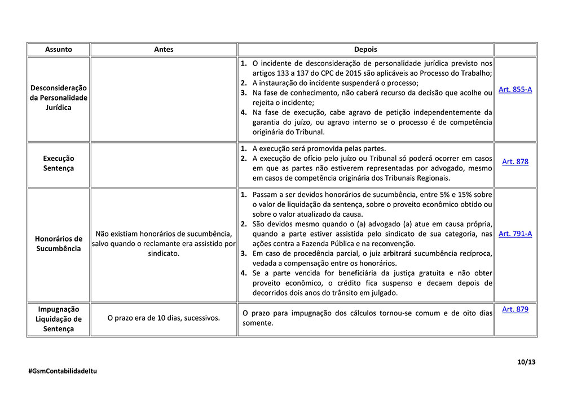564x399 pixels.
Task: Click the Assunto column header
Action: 59,50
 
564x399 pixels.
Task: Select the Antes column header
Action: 164,50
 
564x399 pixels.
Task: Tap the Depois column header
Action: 365,50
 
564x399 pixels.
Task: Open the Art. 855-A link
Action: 515,89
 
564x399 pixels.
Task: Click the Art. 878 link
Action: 515,161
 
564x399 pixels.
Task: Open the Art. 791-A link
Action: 515,234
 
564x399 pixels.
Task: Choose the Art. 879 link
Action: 515,309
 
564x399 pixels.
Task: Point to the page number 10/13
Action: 526,362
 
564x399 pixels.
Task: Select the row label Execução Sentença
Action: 59,163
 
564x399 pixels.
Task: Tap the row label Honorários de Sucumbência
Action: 59,244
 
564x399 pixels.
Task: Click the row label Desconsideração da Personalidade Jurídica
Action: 59,98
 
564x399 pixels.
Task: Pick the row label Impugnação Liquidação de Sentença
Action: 59,319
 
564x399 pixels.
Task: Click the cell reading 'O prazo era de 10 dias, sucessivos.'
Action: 164,318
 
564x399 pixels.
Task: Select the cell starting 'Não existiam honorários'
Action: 164,244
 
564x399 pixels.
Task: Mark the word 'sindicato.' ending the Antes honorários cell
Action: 164,254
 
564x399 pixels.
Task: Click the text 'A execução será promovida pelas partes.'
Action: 319,149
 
